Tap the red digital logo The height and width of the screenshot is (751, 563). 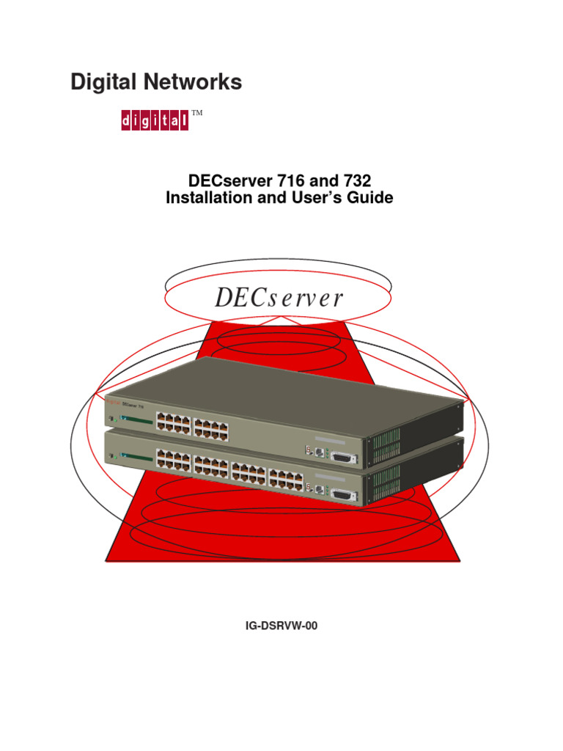[x=154, y=121]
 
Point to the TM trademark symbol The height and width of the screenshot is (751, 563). [x=196, y=113]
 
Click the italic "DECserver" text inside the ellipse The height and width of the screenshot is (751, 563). [x=279, y=298]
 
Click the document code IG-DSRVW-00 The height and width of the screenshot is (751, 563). [x=281, y=627]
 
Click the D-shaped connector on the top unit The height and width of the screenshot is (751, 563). [x=343, y=458]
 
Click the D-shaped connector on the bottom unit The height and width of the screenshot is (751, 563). [x=343, y=496]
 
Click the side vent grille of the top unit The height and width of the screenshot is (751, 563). [x=384, y=447]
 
